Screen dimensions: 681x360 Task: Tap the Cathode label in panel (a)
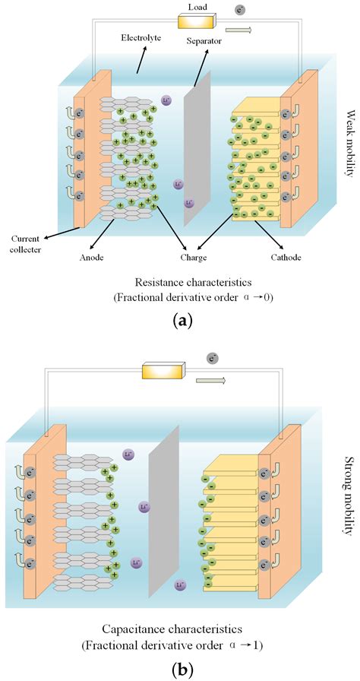coord(286,258)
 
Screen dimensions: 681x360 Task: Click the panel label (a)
coord(182,321)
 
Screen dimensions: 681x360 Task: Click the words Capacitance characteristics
coord(182,630)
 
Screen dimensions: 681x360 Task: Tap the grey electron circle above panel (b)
coord(213,357)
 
